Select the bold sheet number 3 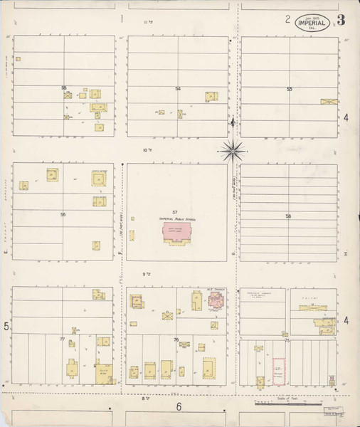[342, 19]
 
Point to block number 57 [174, 213]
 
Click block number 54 [177, 88]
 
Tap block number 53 [290, 89]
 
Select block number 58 [289, 215]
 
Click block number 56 [63, 214]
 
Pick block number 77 [63, 339]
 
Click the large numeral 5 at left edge [6, 327]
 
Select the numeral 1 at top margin [122, 19]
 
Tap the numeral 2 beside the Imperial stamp [288, 19]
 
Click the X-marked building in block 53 [329, 102]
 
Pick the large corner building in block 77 [104, 374]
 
